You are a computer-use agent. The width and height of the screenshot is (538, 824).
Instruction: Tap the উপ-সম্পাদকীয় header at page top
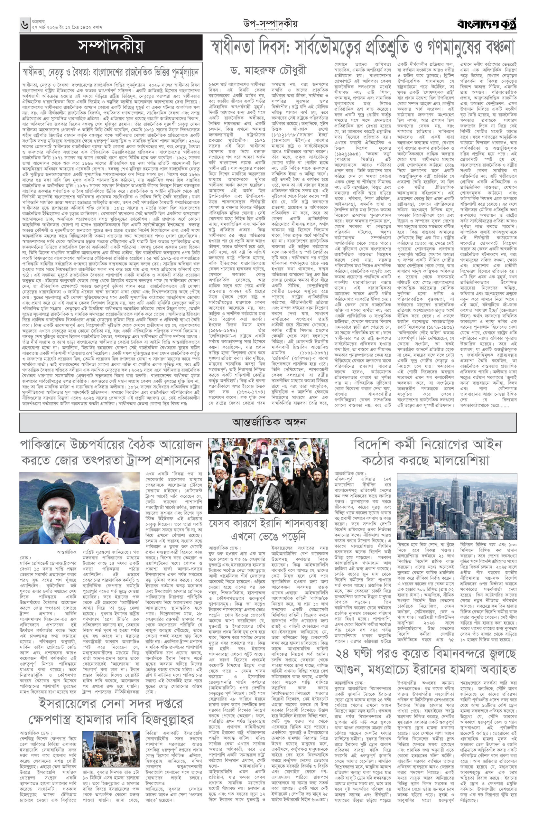270,24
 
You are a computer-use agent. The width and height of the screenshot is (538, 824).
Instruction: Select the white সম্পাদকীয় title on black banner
111,47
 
